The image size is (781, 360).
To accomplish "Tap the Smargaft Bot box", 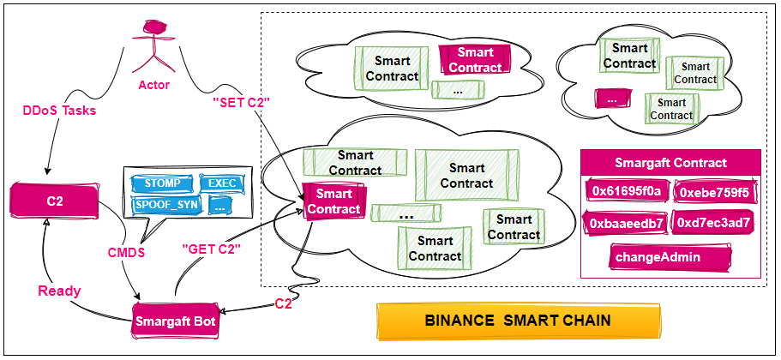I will pyautogui.click(x=175, y=321).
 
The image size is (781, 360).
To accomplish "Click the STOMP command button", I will pyautogui.click(x=161, y=183).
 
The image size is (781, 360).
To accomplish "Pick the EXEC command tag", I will pyautogui.click(x=223, y=183).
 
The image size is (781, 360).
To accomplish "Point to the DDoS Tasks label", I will pyautogui.click(x=57, y=111).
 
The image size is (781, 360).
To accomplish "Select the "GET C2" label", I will pyautogui.click(x=211, y=249).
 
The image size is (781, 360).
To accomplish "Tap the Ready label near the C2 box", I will pyautogui.click(x=60, y=291).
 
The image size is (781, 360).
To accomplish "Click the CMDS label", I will pyautogui.click(x=126, y=253).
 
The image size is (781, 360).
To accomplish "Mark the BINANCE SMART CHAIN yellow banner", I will pyautogui.click(x=518, y=321).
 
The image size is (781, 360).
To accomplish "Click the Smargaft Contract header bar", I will pyautogui.click(x=670, y=162).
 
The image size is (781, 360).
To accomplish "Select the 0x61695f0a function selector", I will pyautogui.click(x=627, y=191).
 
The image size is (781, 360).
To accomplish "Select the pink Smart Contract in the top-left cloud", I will pyautogui.click(x=476, y=60).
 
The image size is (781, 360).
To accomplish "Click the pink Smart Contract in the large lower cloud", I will pyautogui.click(x=333, y=201).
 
